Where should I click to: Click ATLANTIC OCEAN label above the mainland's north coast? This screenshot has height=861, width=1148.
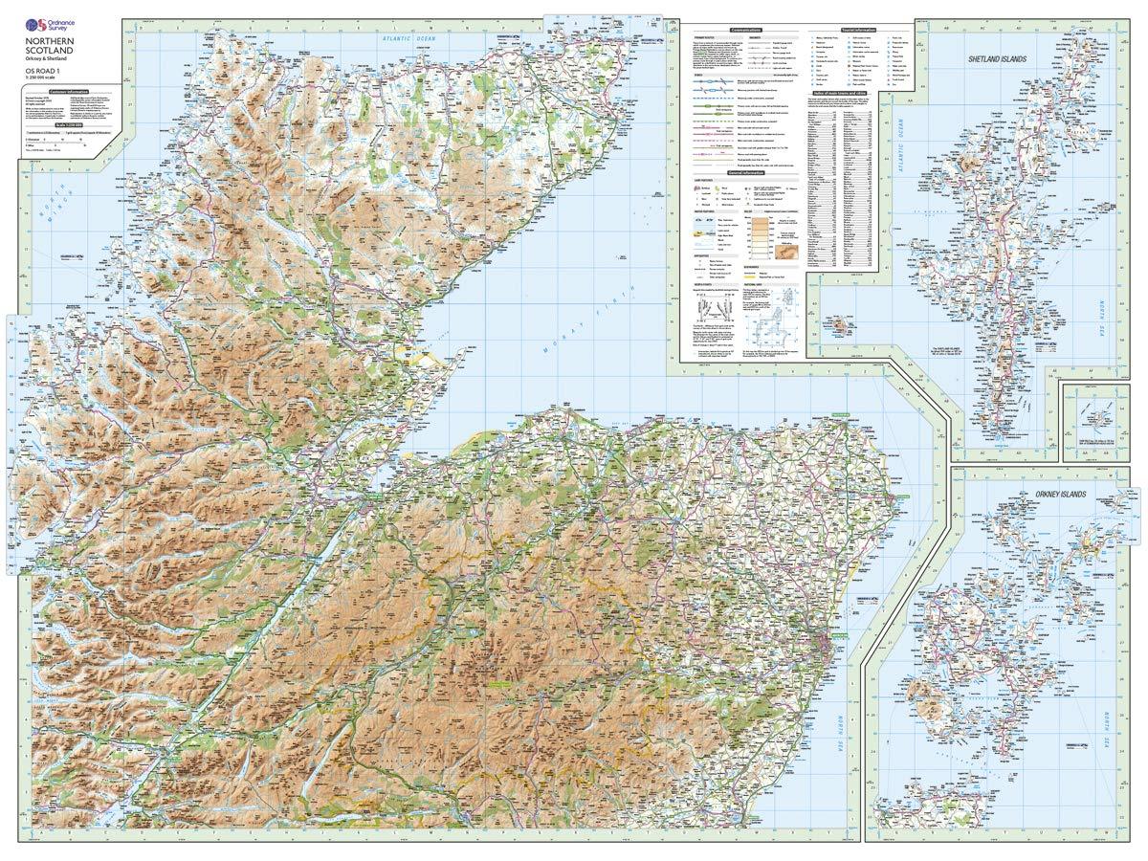[407, 36]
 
